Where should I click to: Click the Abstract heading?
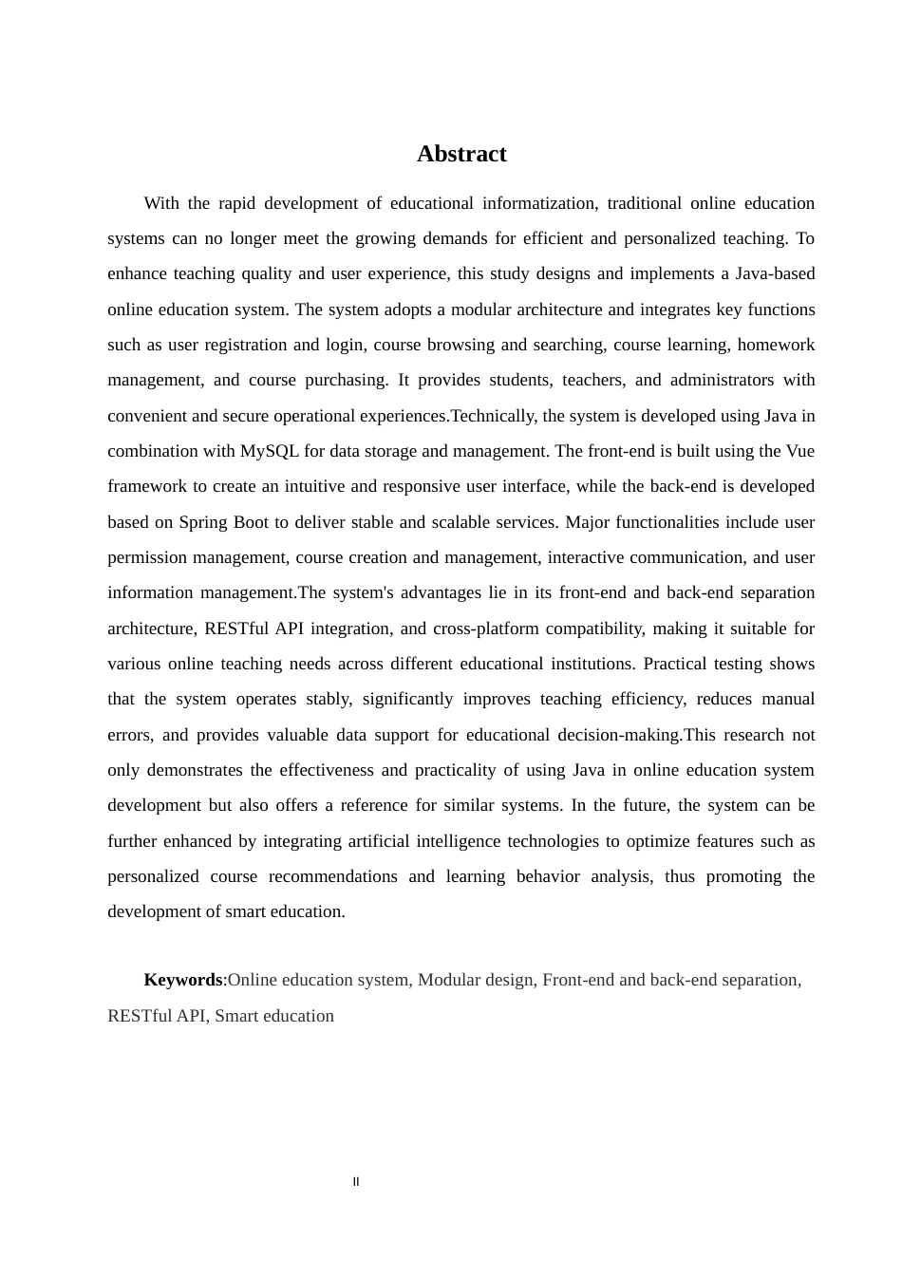point(461,154)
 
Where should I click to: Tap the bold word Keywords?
point(183,980)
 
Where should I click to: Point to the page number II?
point(356,1182)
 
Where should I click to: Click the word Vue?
point(799,451)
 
